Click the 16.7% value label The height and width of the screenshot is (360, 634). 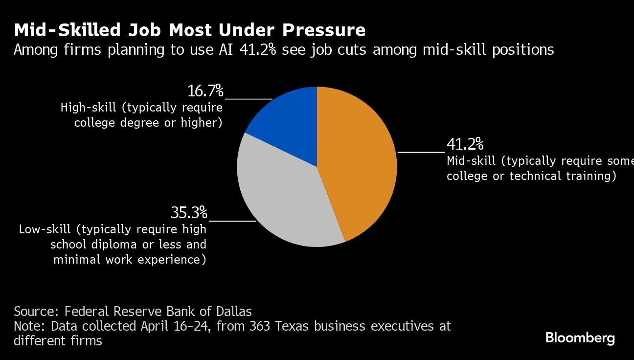tap(205, 91)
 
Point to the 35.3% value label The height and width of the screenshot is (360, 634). tap(189, 213)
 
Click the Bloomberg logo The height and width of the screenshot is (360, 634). tap(580, 337)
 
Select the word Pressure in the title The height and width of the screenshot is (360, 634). tap(323, 30)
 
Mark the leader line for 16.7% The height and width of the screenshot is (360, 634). tap(249, 99)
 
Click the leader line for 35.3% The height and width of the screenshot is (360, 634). tap(232, 221)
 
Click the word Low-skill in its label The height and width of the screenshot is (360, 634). tap(47, 229)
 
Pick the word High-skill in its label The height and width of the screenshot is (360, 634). tap(89, 108)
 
